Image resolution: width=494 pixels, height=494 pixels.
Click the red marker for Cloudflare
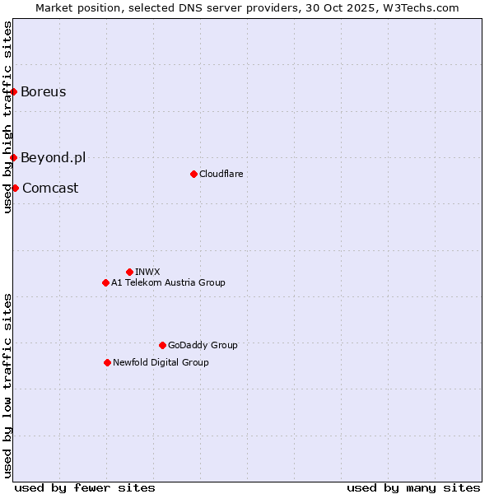click(193, 174)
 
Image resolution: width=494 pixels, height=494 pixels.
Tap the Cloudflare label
click(221, 174)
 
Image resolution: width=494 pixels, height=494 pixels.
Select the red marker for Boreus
click(14, 91)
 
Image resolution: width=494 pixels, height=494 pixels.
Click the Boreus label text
click(43, 91)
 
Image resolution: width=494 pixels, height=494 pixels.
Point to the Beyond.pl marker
click(14, 157)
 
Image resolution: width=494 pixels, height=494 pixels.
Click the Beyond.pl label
click(53, 157)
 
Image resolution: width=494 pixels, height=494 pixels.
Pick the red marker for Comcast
click(15, 188)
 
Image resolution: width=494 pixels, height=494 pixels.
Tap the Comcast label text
click(50, 188)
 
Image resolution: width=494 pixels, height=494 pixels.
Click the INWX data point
click(129, 272)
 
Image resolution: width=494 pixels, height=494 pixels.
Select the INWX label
click(147, 272)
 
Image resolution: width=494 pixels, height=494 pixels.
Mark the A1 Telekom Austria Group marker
click(105, 282)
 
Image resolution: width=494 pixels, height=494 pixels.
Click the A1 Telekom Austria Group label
click(168, 282)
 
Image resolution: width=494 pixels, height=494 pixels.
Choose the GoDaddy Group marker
click(162, 345)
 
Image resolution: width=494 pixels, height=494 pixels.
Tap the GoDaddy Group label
click(203, 345)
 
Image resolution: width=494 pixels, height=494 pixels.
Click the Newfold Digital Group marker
click(107, 362)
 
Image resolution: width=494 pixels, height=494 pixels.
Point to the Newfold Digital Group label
click(161, 362)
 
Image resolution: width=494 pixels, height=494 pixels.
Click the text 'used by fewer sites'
click(85, 487)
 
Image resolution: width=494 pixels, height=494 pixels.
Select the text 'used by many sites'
click(413, 487)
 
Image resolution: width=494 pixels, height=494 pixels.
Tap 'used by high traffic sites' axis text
click(7, 117)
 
